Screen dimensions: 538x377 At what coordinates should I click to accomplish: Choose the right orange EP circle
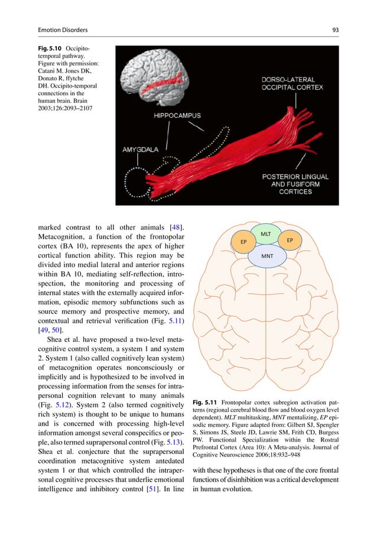[290, 241]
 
